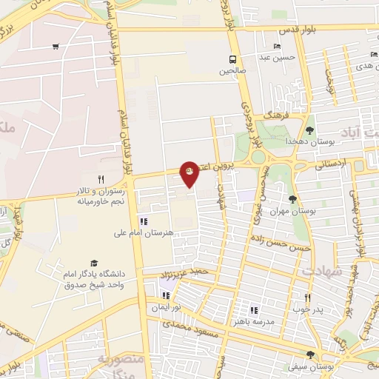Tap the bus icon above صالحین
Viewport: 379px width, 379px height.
click(x=233, y=60)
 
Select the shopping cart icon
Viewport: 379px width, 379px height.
click(x=56, y=47)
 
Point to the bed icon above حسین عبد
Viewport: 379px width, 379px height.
click(x=278, y=46)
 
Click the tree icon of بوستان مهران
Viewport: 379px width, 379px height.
click(x=293, y=199)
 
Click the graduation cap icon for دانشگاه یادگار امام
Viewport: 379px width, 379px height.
click(x=93, y=264)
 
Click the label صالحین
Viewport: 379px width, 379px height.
click(x=232, y=72)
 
